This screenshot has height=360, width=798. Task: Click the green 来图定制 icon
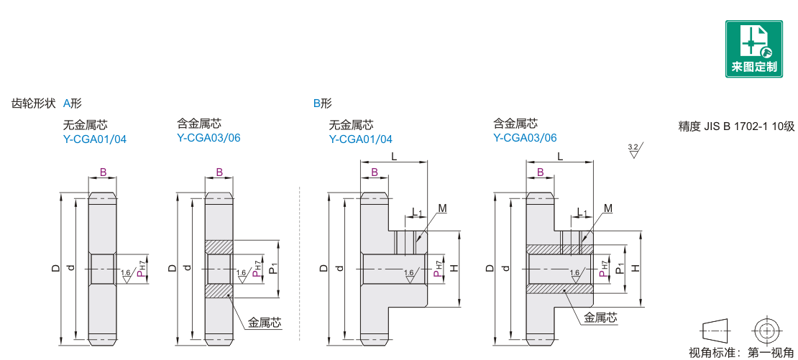753,49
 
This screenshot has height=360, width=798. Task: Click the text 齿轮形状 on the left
33,103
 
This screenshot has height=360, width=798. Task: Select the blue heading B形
322,103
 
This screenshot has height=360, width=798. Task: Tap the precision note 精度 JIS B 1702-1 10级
736,126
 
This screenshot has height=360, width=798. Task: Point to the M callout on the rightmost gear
608,208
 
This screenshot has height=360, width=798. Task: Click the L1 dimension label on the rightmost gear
582,213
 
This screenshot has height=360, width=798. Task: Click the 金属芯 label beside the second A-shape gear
265,323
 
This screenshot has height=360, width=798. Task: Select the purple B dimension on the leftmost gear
103,172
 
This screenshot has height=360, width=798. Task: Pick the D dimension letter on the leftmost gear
55,268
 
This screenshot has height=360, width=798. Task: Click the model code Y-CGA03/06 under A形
208,138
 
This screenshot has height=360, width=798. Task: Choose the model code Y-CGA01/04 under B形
361,139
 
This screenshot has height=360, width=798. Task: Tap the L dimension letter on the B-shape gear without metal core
394,156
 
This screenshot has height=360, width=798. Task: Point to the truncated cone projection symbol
716,331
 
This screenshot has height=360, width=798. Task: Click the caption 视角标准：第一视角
741,353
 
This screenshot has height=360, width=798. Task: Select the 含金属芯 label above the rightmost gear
515,124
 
